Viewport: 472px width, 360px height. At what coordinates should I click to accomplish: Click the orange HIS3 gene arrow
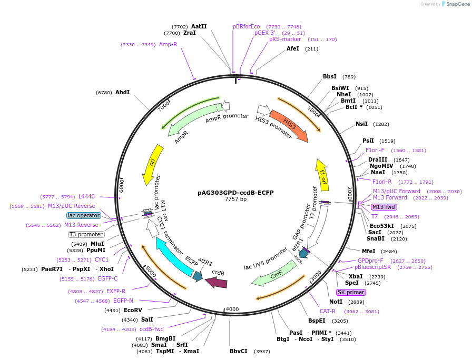[289, 125]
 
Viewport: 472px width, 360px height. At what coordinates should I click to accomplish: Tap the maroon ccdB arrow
[216, 283]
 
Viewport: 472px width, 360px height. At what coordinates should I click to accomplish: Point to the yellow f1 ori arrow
[321, 176]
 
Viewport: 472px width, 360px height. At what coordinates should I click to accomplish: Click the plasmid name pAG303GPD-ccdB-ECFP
[235, 193]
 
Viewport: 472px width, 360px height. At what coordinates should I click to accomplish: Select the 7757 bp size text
[235, 199]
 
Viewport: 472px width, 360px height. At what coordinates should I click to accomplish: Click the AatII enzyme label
[199, 26]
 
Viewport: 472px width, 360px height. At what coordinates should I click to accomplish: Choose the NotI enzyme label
[336, 302]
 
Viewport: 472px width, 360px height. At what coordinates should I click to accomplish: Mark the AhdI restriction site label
[122, 92]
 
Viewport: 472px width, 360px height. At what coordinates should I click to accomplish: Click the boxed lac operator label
[83, 215]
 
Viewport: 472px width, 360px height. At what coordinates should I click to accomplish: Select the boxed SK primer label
[351, 292]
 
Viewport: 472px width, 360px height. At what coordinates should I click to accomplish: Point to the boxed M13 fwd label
[384, 207]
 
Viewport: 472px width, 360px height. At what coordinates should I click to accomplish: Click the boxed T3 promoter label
[86, 234]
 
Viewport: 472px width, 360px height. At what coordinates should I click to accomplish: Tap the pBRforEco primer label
[247, 26]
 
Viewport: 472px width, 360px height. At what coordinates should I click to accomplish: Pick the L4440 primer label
[86, 196]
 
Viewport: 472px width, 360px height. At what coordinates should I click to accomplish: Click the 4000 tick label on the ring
[232, 309]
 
